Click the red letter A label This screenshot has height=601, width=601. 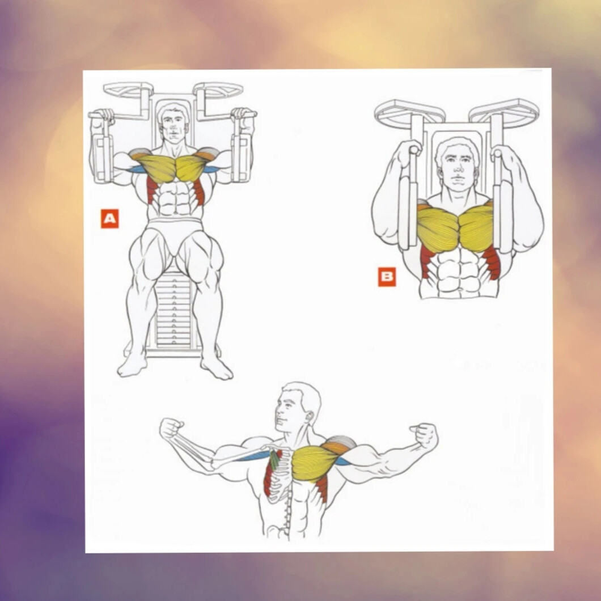pyautogui.click(x=109, y=218)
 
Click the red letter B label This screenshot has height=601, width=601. pyautogui.click(x=387, y=276)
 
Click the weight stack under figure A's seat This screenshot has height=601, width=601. pyautogui.click(x=173, y=308)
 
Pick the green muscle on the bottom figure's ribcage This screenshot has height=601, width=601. pyautogui.click(x=274, y=459)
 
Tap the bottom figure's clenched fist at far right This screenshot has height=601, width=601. pyautogui.click(x=424, y=436)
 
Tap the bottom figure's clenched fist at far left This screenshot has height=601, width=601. pyautogui.click(x=171, y=428)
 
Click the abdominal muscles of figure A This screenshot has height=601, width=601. pyautogui.click(x=175, y=198)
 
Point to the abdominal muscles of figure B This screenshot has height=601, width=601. pyautogui.click(x=459, y=272)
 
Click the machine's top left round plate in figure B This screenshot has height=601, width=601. pyautogui.click(x=410, y=112)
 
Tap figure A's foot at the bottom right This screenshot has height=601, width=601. pyautogui.click(x=217, y=367)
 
